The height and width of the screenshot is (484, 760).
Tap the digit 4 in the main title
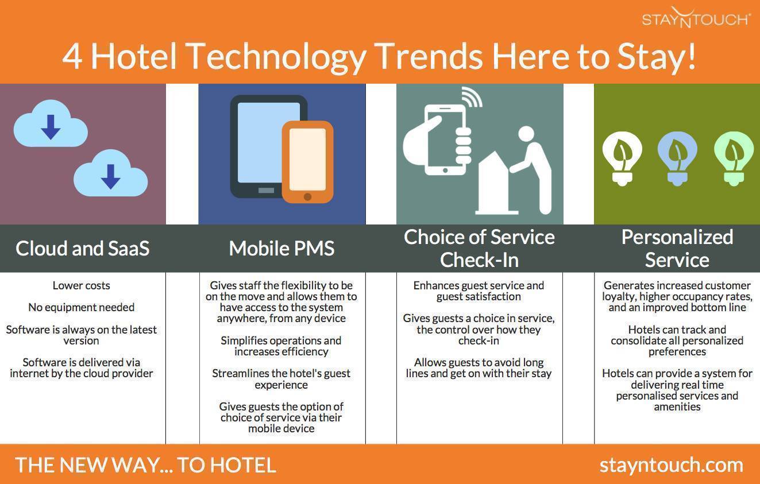pos(72,57)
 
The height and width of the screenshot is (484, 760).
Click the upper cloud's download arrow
pos(51,127)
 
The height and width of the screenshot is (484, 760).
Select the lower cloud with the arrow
pos(111,173)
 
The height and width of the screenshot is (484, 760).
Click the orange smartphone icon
pos(307,162)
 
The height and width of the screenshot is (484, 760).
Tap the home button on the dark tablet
pos(266,190)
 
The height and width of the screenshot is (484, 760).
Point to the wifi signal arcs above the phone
pos(472,96)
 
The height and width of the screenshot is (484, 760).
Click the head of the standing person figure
pos(526,135)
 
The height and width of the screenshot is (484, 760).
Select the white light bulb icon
pos(622,158)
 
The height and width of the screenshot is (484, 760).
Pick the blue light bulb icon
pos(677,158)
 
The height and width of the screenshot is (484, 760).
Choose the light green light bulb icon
pos(734,158)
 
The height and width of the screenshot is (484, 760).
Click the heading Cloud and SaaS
pos(83,248)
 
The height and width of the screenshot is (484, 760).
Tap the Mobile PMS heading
pos(281,248)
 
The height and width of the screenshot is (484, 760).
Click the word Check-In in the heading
pos(479,260)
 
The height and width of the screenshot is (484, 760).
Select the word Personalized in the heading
pos(677,237)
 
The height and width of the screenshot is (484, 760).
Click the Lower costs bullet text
pos(82,285)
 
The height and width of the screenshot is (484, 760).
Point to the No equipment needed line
pos(82,308)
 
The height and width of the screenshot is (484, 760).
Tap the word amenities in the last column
pos(677,406)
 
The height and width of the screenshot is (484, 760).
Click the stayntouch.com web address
pos(672,466)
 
